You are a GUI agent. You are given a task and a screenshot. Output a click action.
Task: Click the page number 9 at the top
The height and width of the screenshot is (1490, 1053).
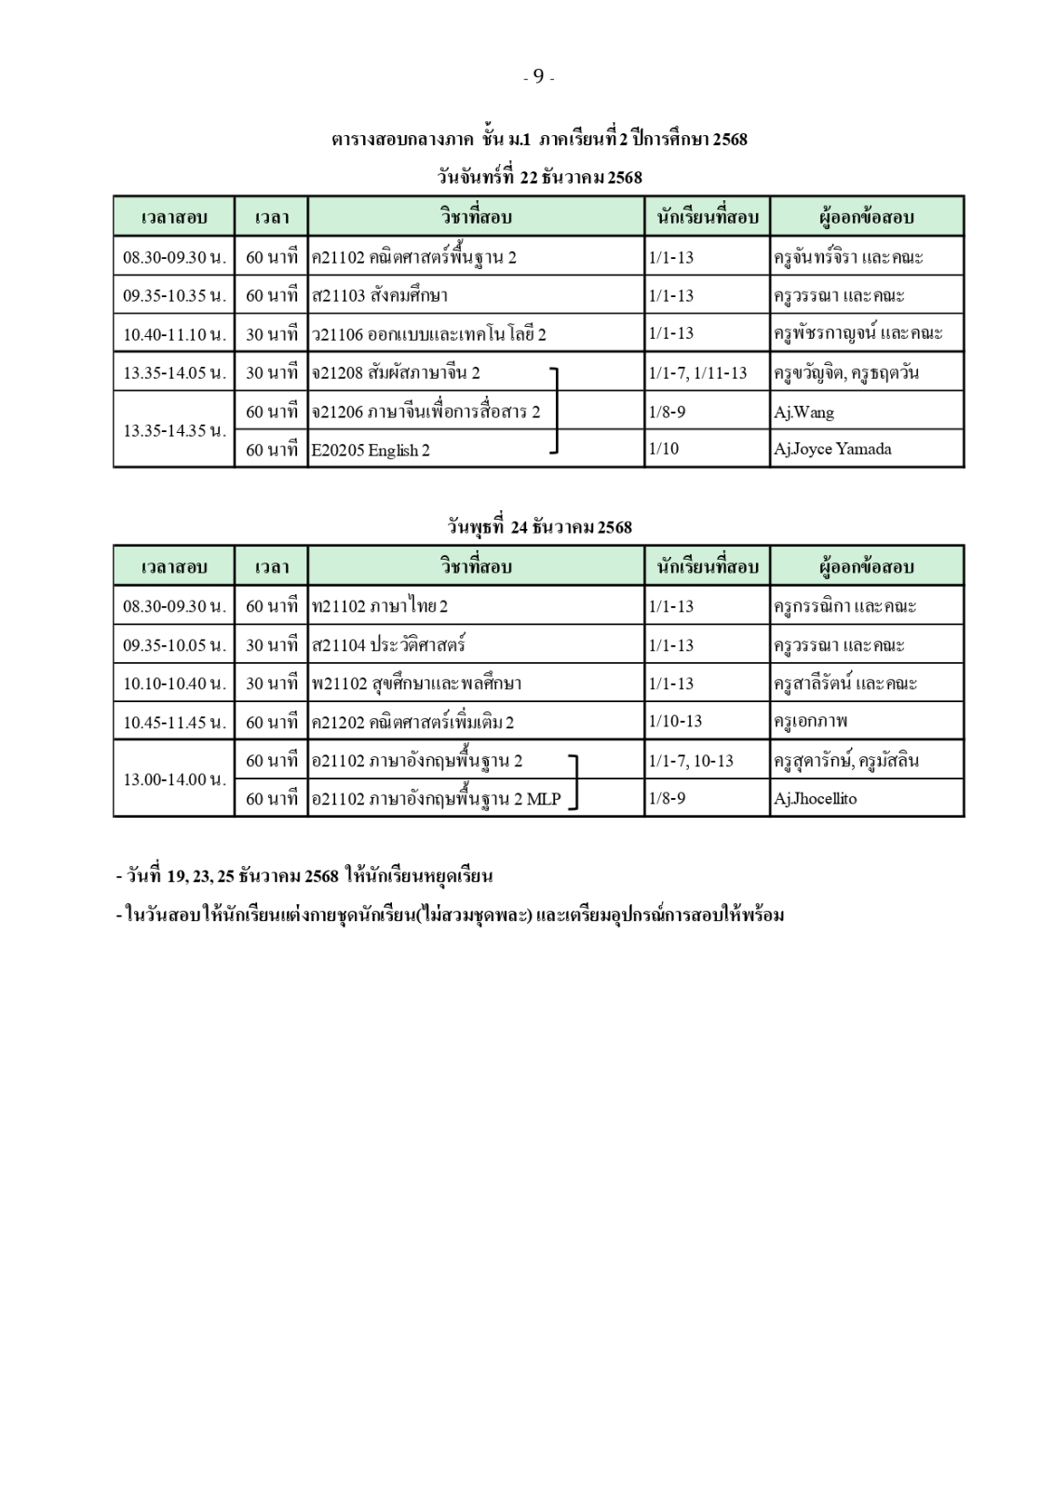tap(538, 77)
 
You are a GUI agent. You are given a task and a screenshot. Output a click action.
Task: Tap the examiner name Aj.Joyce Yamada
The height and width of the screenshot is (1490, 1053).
tap(832, 449)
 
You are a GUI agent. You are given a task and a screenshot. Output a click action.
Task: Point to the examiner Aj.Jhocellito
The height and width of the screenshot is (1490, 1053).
tap(815, 798)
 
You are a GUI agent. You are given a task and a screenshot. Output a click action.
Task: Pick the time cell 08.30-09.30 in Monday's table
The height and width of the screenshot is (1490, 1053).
tap(174, 257)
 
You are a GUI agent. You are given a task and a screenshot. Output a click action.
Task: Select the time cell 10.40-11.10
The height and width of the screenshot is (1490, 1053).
tap(174, 333)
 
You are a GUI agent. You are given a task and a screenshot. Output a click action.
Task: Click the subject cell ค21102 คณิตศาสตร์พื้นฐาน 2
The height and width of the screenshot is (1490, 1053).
tap(414, 257)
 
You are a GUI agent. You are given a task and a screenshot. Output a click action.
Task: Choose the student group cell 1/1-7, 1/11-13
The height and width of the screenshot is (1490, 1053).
tap(697, 372)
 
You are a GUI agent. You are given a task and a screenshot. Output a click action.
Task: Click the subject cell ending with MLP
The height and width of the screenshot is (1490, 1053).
tap(437, 798)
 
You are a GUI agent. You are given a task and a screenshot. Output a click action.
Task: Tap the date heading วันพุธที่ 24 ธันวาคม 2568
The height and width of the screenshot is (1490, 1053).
tap(539, 527)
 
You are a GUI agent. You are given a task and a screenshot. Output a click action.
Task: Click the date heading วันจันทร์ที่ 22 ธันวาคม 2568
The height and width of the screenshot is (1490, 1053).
tap(539, 177)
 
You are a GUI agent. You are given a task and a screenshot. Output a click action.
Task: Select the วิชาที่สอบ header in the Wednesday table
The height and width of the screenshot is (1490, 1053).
tap(476, 566)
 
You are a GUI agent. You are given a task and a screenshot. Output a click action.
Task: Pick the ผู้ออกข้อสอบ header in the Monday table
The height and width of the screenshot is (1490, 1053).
tap(866, 217)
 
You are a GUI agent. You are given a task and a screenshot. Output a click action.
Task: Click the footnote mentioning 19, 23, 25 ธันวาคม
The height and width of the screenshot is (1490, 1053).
tap(304, 876)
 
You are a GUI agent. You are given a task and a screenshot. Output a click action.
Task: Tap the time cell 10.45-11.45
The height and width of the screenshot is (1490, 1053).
tap(174, 722)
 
